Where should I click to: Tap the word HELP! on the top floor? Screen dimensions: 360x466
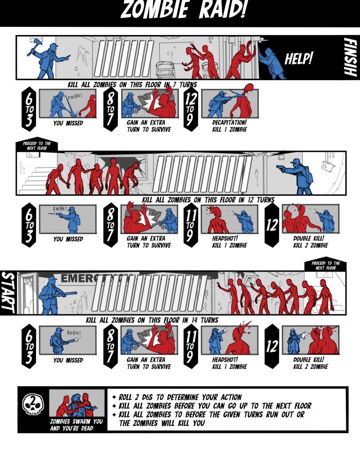point(299,58)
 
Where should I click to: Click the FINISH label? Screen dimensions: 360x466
point(350,57)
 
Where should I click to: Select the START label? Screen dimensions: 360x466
point(8,292)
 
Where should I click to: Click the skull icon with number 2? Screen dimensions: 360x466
point(33,404)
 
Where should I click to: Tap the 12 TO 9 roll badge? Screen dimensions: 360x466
point(190,109)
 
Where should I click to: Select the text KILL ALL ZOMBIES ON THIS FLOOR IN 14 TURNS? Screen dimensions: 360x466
point(152,320)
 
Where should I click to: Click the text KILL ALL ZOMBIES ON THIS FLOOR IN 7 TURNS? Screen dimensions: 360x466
point(132,85)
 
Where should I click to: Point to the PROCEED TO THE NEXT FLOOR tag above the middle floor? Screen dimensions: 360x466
point(37,146)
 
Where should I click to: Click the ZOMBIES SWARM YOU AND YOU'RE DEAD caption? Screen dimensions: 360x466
point(76,425)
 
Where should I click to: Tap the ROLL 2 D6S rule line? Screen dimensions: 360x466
point(180,397)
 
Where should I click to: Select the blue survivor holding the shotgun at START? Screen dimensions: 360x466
point(53,295)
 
